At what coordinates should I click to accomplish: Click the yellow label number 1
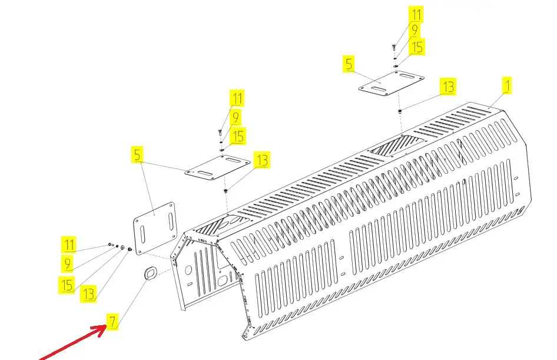pos(507,85)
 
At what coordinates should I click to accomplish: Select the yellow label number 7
pos(112,322)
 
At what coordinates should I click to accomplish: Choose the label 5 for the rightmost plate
pos(349,64)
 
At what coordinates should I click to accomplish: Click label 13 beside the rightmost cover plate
pos(448,87)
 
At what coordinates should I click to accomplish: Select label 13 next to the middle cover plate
pos(262,160)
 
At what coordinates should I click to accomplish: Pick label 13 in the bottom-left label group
pos(88,294)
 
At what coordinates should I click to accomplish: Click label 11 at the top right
pos(416,15)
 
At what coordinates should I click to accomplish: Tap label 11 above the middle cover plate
pos(237,98)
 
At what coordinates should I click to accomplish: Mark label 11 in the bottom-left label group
pos(69,245)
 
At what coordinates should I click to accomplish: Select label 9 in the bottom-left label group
pos(67,263)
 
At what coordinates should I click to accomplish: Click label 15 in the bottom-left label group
pos(67,285)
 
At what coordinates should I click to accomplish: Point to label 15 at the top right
pos(417,47)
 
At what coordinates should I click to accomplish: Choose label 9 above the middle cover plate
pos(235,117)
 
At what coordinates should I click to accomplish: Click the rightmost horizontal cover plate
pos(391,83)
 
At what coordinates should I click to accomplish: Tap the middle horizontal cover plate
pos(217,167)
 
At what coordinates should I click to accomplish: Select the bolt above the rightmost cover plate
pos(394,47)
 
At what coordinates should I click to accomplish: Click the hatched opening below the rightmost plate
pos(397,145)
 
